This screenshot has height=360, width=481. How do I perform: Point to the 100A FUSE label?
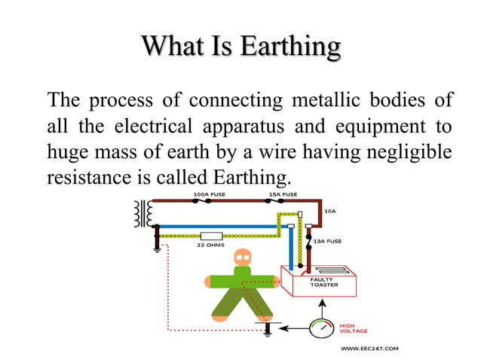coord(208,194)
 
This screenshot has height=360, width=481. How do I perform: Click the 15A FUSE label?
coord(283,194)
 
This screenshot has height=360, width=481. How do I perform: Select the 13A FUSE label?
coord(327,241)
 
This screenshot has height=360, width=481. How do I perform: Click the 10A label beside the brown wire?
coord(329,212)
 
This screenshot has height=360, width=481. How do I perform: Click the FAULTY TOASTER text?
coord(324,282)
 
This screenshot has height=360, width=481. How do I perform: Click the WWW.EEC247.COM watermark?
coord(369,349)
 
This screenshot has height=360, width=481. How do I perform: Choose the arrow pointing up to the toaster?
coord(322,305)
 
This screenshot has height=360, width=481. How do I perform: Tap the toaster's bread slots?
coord(326,269)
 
